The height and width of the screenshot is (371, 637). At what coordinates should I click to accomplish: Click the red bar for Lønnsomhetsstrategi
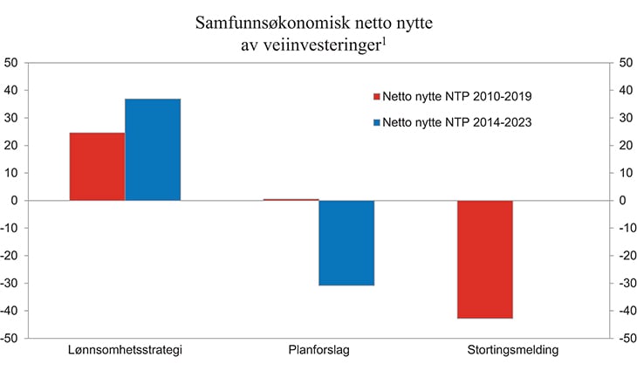[97, 167]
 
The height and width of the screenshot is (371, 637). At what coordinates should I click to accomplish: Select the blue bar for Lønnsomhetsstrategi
[153, 149]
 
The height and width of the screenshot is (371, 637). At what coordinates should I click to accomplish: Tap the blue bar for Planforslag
[346, 243]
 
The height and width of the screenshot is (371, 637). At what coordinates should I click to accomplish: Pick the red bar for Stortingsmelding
[484, 259]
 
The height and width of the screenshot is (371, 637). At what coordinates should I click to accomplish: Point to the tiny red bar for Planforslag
[291, 200]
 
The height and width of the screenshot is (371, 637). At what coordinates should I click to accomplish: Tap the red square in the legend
[377, 97]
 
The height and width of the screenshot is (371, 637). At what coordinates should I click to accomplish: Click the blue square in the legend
[377, 123]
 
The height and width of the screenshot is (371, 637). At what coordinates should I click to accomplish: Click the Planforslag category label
[318, 351]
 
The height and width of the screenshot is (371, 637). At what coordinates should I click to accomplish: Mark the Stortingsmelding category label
[512, 351]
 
